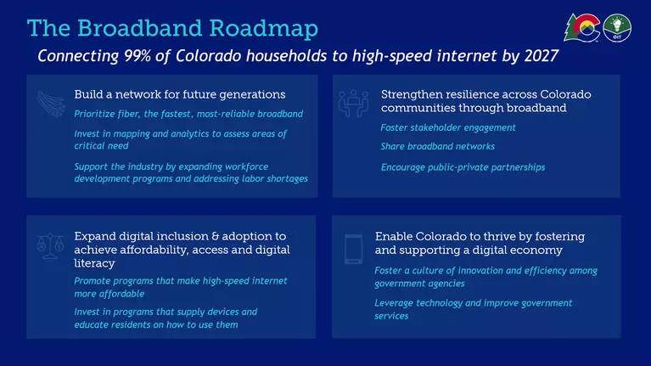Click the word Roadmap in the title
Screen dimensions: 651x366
[x=263, y=29]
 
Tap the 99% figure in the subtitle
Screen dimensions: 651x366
[x=137, y=56]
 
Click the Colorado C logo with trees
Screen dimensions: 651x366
[x=582, y=28]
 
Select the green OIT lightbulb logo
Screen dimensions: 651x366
[x=617, y=28]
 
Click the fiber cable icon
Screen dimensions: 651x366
[x=51, y=104]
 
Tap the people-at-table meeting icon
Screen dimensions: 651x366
[x=353, y=104]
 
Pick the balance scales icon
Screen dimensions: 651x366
[x=50, y=246]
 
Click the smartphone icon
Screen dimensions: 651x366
[x=353, y=250]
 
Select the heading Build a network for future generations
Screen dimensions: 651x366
[x=180, y=95]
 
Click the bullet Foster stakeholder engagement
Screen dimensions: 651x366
[x=448, y=128]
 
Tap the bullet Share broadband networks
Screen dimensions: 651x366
[x=438, y=147]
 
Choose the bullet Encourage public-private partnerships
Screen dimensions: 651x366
[x=463, y=167]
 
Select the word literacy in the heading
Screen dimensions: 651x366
[x=95, y=263]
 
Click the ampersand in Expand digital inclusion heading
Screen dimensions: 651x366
[x=215, y=236]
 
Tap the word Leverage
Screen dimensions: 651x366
[x=394, y=303]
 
